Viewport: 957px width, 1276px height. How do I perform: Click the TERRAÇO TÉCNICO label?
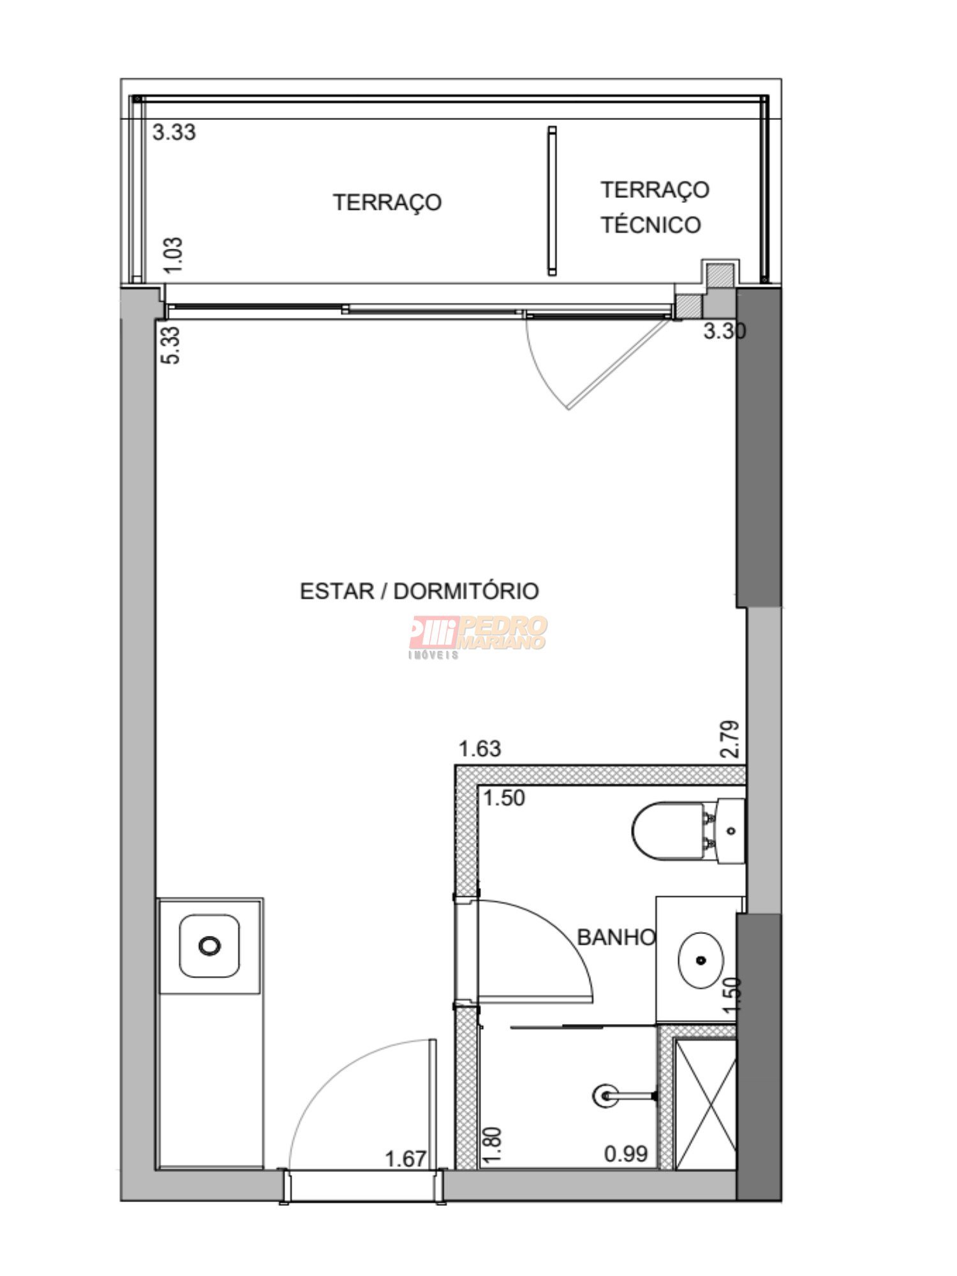(x=655, y=207)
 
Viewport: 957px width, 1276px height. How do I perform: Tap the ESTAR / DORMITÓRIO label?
(x=419, y=591)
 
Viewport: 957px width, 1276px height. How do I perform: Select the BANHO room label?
(x=616, y=937)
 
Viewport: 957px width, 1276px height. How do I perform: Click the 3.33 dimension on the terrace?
(x=174, y=133)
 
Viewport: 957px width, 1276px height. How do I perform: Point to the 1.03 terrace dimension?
(x=174, y=255)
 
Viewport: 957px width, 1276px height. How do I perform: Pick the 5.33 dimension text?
(x=172, y=345)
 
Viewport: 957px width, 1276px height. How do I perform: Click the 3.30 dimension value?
(x=725, y=332)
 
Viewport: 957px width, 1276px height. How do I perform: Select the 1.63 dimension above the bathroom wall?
(x=480, y=748)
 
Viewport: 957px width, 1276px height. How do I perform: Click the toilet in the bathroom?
(x=688, y=831)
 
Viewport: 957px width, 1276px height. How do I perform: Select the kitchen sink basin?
(x=209, y=946)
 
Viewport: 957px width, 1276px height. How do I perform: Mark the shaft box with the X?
(x=705, y=1104)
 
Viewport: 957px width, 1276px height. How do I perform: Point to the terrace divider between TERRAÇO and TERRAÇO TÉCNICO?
(x=552, y=201)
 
